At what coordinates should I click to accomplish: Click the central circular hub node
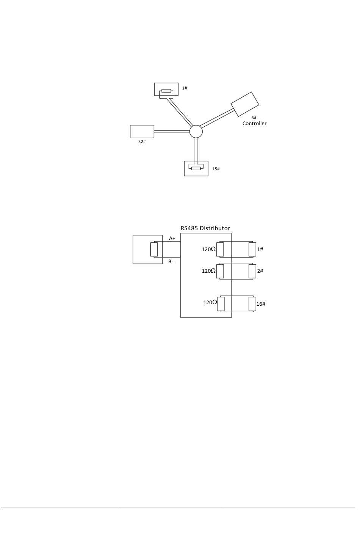(196, 131)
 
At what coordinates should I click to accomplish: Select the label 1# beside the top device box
(185, 88)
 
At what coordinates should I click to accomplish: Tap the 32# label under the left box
(142, 141)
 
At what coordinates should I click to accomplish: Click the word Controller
(254, 124)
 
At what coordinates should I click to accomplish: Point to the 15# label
(216, 169)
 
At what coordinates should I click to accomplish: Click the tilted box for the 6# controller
(245, 104)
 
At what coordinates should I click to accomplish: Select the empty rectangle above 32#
(142, 131)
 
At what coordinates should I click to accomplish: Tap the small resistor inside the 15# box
(196, 168)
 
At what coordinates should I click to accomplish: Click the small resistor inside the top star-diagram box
(166, 91)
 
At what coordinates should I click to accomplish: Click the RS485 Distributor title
(205, 228)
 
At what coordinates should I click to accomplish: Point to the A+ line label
(172, 239)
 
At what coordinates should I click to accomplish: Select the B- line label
(171, 261)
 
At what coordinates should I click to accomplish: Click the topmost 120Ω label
(208, 250)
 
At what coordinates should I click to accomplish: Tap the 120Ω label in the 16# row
(210, 303)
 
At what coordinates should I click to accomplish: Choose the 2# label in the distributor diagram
(260, 271)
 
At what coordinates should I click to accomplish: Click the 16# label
(261, 304)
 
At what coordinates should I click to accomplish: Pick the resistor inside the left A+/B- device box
(154, 249)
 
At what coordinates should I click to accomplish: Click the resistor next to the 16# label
(252, 304)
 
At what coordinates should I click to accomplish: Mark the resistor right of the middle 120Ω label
(220, 271)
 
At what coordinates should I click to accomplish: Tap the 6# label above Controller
(254, 118)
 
